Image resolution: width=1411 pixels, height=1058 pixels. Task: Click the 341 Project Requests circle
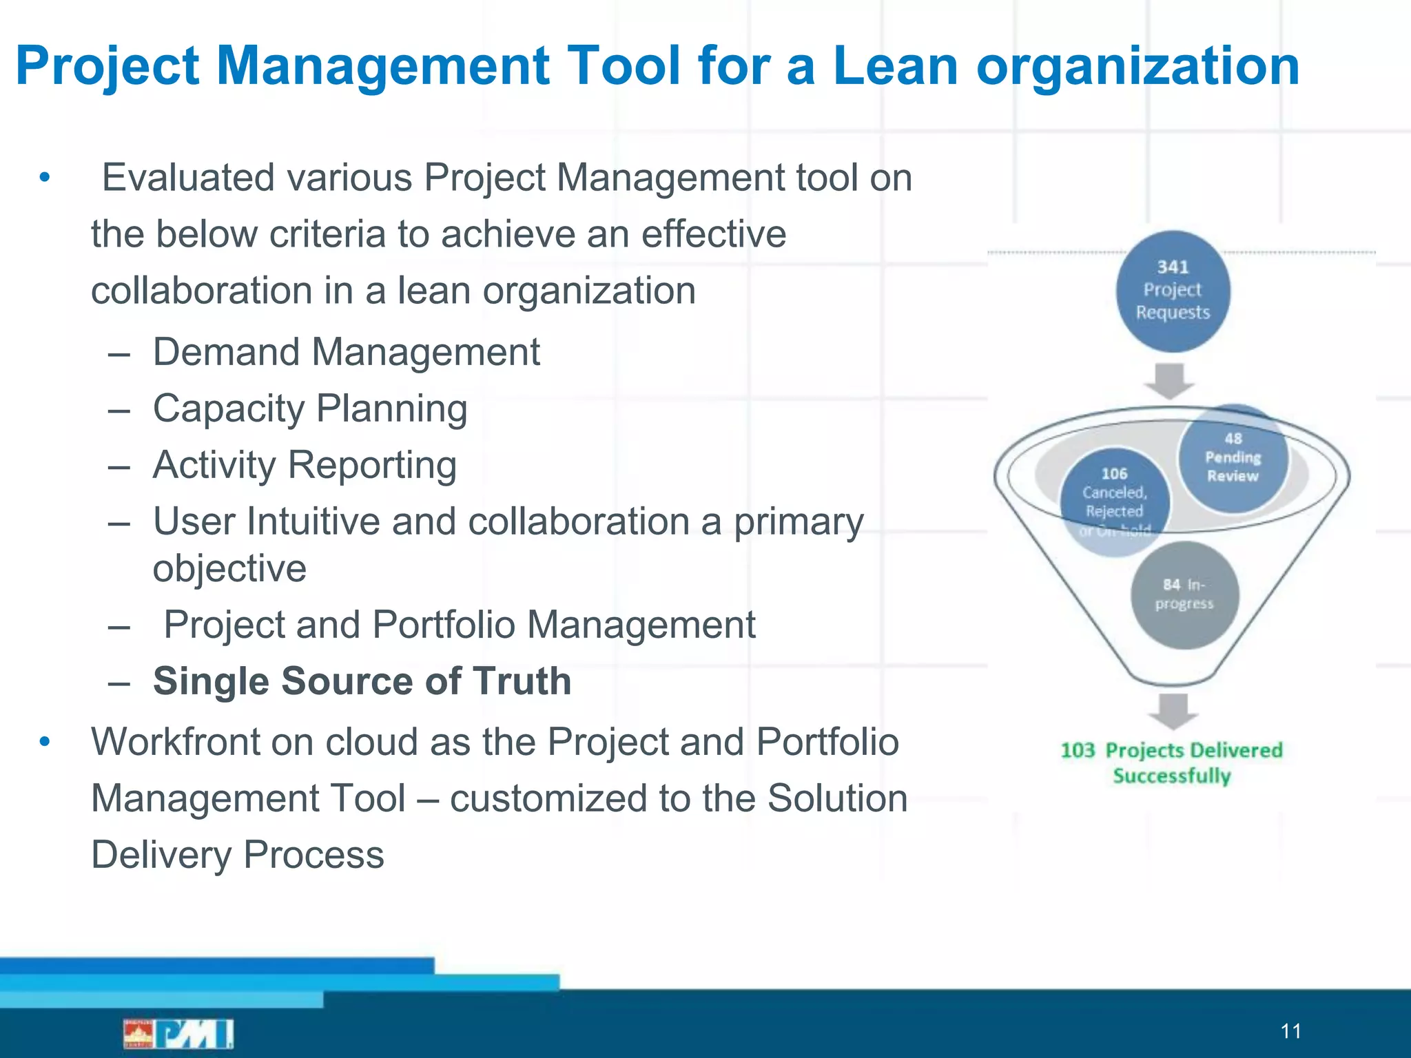click(x=1173, y=291)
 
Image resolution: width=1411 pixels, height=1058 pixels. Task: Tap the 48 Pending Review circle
click(x=1233, y=458)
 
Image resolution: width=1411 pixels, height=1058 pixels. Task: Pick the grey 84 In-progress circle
click(x=1184, y=595)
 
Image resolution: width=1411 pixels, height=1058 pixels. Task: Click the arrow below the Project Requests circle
click(x=1169, y=380)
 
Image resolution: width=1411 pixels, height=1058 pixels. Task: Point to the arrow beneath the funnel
click(x=1173, y=711)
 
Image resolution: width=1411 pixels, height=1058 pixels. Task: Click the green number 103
click(x=1078, y=750)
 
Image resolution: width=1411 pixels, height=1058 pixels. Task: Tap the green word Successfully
click(x=1171, y=776)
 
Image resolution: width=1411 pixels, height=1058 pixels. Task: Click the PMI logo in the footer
click(x=178, y=1033)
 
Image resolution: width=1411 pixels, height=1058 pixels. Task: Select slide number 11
click(x=1290, y=1031)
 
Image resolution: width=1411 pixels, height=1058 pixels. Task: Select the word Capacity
click(x=229, y=409)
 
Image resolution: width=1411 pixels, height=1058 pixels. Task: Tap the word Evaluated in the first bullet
click(x=187, y=178)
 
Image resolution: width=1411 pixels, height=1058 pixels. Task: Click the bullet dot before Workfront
click(x=45, y=742)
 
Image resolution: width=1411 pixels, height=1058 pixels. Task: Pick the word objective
click(x=229, y=569)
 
